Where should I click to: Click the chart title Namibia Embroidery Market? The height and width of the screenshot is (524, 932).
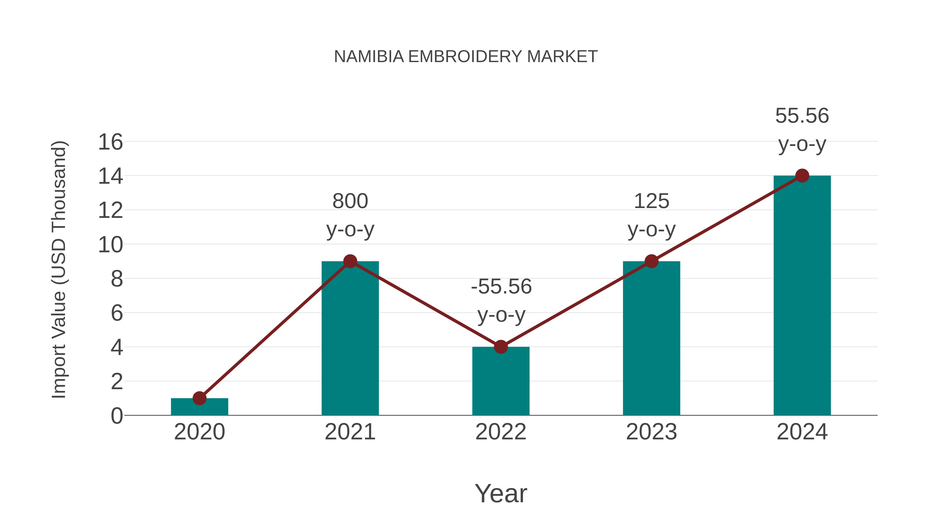[x=466, y=57]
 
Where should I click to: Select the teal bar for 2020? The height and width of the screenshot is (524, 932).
[x=199, y=407]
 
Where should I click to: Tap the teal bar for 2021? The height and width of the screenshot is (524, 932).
[x=350, y=340]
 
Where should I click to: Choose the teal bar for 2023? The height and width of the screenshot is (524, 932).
[x=651, y=340]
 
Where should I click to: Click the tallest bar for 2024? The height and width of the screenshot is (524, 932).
[x=802, y=297]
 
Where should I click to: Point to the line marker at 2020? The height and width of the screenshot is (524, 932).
[x=199, y=398]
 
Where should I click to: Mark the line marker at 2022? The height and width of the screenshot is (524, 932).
[x=501, y=347]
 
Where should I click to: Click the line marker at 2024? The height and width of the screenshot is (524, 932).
[x=802, y=176]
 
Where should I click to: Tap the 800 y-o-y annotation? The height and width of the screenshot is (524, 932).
[x=350, y=216]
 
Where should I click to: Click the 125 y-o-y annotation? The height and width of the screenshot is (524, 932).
[x=651, y=216]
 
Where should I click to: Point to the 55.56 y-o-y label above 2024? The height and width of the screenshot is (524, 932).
[x=802, y=130]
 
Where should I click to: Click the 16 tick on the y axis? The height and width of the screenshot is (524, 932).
[x=110, y=142]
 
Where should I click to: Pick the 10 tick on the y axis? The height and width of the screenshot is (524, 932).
[x=110, y=245]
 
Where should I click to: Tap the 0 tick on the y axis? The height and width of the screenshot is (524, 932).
[x=116, y=416]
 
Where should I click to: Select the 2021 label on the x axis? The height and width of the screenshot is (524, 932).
[x=350, y=432]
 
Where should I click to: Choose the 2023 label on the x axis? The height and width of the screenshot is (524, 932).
[x=651, y=432]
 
